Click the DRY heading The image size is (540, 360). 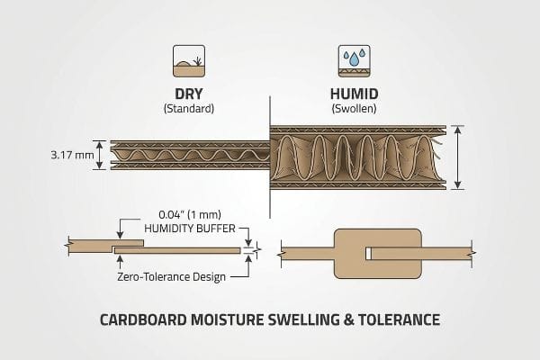pos(189,94)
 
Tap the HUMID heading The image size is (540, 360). pos(354,94)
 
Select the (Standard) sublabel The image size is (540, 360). pos(189,109)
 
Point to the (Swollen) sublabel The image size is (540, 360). pos(354,109)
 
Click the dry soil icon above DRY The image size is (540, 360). pos(189,61)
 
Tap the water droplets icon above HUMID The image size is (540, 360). pos(354,61)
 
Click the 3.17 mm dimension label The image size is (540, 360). pos(72,155)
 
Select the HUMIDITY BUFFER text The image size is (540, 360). pos(190,229)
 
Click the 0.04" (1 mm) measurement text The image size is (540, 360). pos(190,214)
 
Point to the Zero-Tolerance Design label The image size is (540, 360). pos(172,277)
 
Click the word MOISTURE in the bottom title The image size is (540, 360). pos(228,319)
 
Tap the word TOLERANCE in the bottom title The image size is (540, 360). pos(399,319)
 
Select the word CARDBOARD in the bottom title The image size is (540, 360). pos(143,319)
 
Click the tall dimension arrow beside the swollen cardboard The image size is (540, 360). pos(457,157)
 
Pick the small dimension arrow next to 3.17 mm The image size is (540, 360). pos(99,155)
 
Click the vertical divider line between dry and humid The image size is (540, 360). pos(270,157)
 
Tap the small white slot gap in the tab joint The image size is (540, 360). pos(368,254)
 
